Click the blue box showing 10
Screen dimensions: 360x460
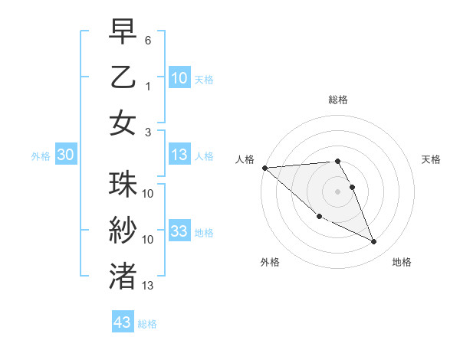pyautogui.click(x=179, y=77)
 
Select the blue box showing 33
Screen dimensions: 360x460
pyautogui.click(x=179, y=231)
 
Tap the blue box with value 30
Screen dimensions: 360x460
pyautogui.click(x=66, y=155)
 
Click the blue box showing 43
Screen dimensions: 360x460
pyautogui.click(x=123, y=322)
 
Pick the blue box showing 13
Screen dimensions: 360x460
pyautogui.click(x=179, y=155)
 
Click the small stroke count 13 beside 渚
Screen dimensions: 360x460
pyautogui.click(x=148, y=286)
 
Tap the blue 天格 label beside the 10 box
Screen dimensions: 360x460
pyautogui.click(x=204, y=79)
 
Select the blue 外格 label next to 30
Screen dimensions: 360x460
pyautogui.click(x=41, y=156)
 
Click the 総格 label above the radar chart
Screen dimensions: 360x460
pyautogui.click(x=337, y=100)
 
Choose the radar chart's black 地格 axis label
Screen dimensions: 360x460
pyautogui.click(x=402, y=262)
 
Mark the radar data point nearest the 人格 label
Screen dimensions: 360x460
pyautogui.click(x=264, y=168)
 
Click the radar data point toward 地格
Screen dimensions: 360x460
pyautogui.click(x=374, y=242)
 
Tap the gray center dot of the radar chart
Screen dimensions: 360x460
pyautogui.click(x=337, y=191)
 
